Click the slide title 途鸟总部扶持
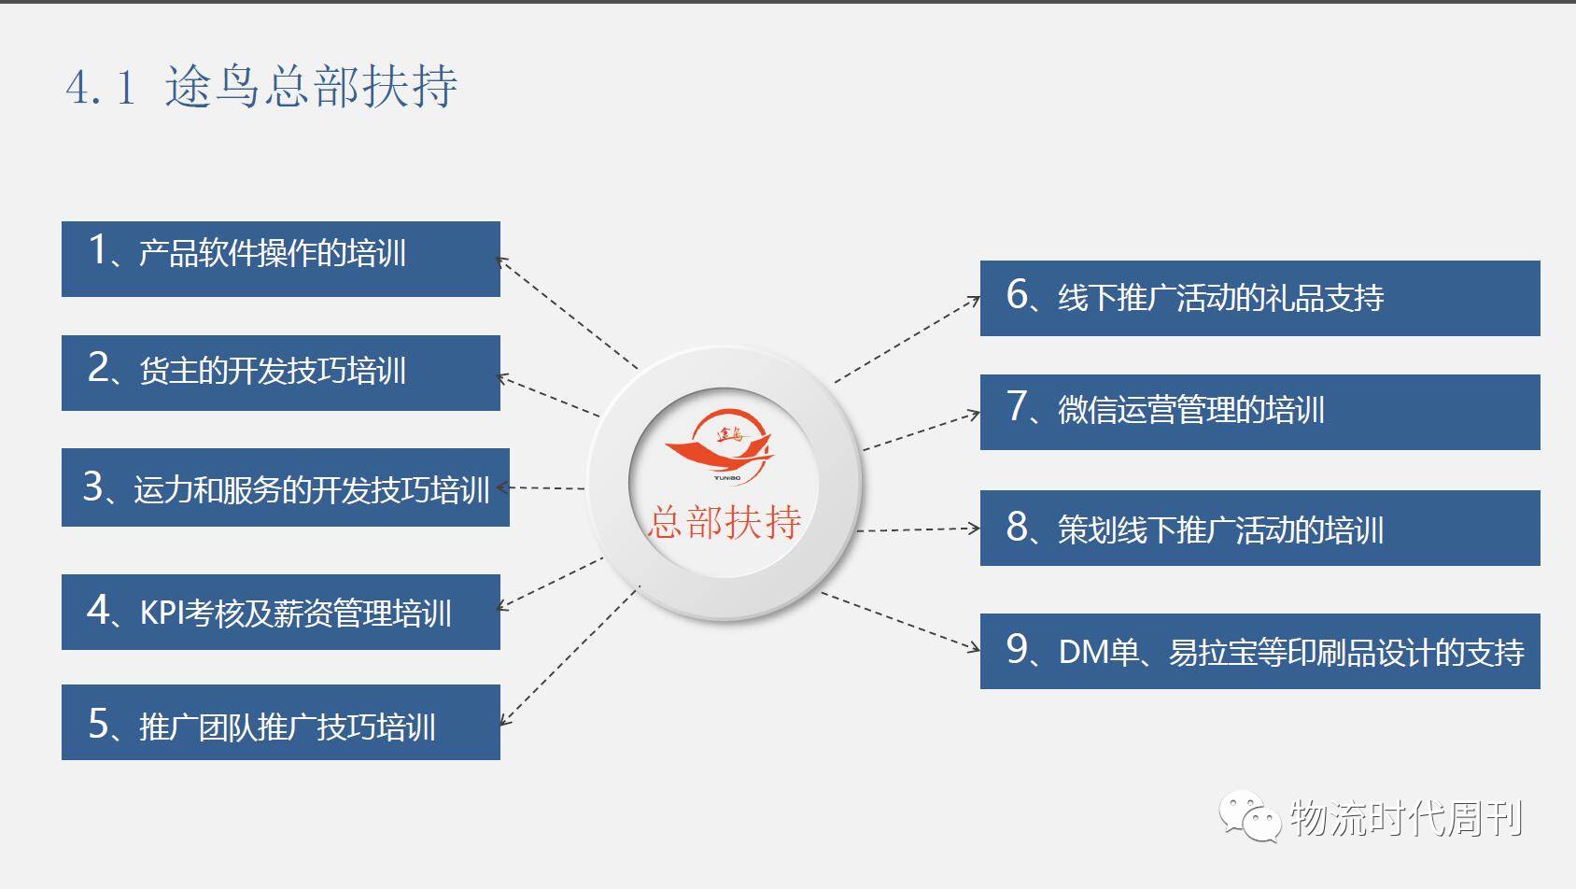click(311, 87)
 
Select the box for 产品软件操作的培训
click(280, 259)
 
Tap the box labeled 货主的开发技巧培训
click(280, 373)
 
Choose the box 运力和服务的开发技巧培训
click(285, 487)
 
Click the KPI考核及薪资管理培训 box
click(280, 612)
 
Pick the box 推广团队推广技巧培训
click(280, 722)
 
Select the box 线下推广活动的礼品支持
click(1259, 298)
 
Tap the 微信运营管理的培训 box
click(1259, 412)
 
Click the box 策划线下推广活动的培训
click(1259, 529)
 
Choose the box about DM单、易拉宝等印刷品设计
click(1259, 651)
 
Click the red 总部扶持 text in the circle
click(725, 522)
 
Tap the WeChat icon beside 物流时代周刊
click(1248, 817)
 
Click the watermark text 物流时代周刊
click(1406, 819)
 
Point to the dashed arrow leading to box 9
click(901, 621)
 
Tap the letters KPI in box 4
click(161, 614)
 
